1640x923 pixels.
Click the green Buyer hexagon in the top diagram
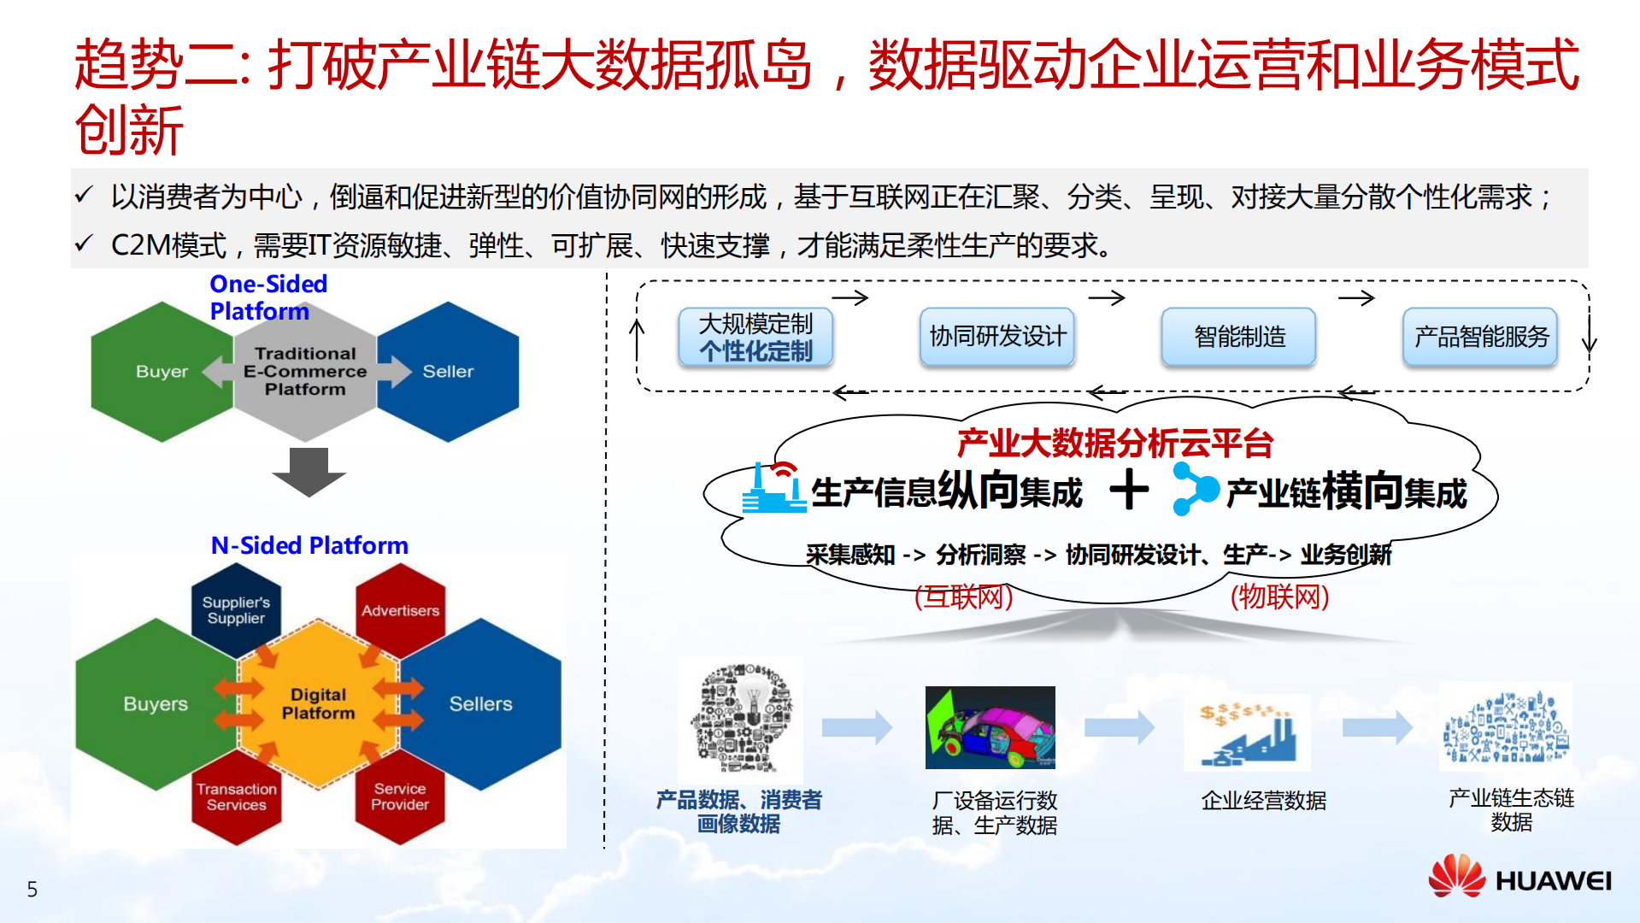coord(158,372)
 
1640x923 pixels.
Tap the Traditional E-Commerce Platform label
coord(305,372)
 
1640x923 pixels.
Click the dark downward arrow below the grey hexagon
coord(309,471)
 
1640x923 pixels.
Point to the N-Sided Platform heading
coord(309,545)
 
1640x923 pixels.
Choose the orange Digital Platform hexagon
coord(318,703)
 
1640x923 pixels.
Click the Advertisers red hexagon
coord(400,610)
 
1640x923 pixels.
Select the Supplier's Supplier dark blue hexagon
coord(236,610)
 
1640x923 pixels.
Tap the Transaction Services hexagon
coord(236,797)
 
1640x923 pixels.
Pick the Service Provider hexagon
coord(400,797)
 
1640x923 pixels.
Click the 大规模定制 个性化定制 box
coord(755,338)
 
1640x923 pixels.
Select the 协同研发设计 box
coord(997,337)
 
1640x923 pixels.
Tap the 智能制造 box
coord(1239,337)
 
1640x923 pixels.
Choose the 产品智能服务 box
coord(1481,337)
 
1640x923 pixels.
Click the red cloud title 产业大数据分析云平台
coord(1114,444)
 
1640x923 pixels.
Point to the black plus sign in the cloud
coord(1129,491)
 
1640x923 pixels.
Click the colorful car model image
coord(990,727)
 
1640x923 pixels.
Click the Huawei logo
coord(1519,878)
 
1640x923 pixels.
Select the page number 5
coord(32,890)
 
